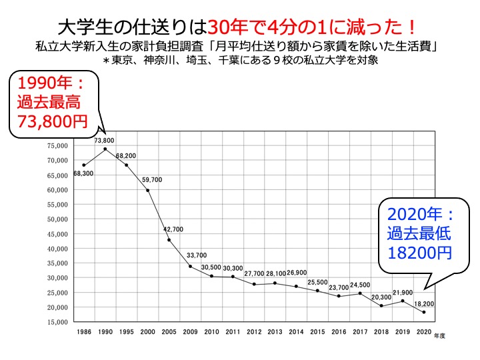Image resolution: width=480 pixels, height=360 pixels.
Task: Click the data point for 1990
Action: tap(105, 149)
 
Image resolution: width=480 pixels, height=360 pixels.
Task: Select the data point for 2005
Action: tap(169, 240)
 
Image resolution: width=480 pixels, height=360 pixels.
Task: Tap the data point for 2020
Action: tap(424, 312)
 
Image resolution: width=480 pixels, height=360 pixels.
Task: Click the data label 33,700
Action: tap(197, 255)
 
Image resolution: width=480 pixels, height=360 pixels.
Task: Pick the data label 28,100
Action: tap(275, 273)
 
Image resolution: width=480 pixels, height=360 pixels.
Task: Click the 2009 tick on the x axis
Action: tap(190, 331)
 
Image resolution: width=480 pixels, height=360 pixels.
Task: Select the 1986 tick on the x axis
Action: tap(84, 331)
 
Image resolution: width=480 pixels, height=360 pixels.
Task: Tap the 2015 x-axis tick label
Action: tap(317, 331)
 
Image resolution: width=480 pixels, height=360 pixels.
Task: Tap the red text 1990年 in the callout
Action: tap(43, 84)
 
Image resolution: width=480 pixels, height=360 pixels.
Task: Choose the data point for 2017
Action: tap(360, 293)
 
